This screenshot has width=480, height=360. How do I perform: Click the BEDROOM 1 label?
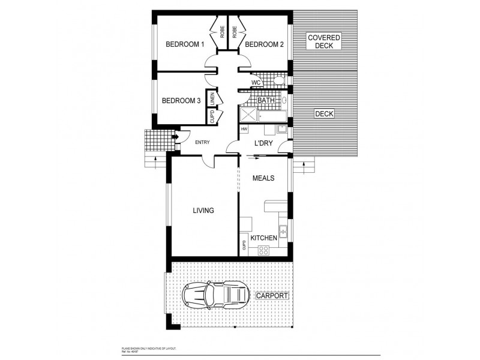tap(185, 44)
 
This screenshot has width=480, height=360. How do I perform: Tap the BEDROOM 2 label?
tap(265, 44)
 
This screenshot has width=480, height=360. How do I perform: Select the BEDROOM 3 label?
tap(181, 101)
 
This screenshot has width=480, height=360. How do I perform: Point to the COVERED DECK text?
tap(324, 41)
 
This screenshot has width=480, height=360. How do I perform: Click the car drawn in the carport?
tap(216, 295)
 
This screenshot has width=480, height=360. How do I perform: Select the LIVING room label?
tap(203, 211)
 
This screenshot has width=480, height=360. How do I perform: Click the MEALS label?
tap(263, 178)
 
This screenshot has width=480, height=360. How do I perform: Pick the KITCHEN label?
tap(263, 238)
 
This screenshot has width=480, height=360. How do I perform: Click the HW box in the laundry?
tap(244, 130)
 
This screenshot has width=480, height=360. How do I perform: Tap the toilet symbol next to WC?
tap(278, 81)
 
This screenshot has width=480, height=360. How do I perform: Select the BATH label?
tap(266, 101)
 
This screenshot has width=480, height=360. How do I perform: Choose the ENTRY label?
tap(203, 142)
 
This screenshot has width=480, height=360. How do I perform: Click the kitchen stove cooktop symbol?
tap(263, 251)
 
